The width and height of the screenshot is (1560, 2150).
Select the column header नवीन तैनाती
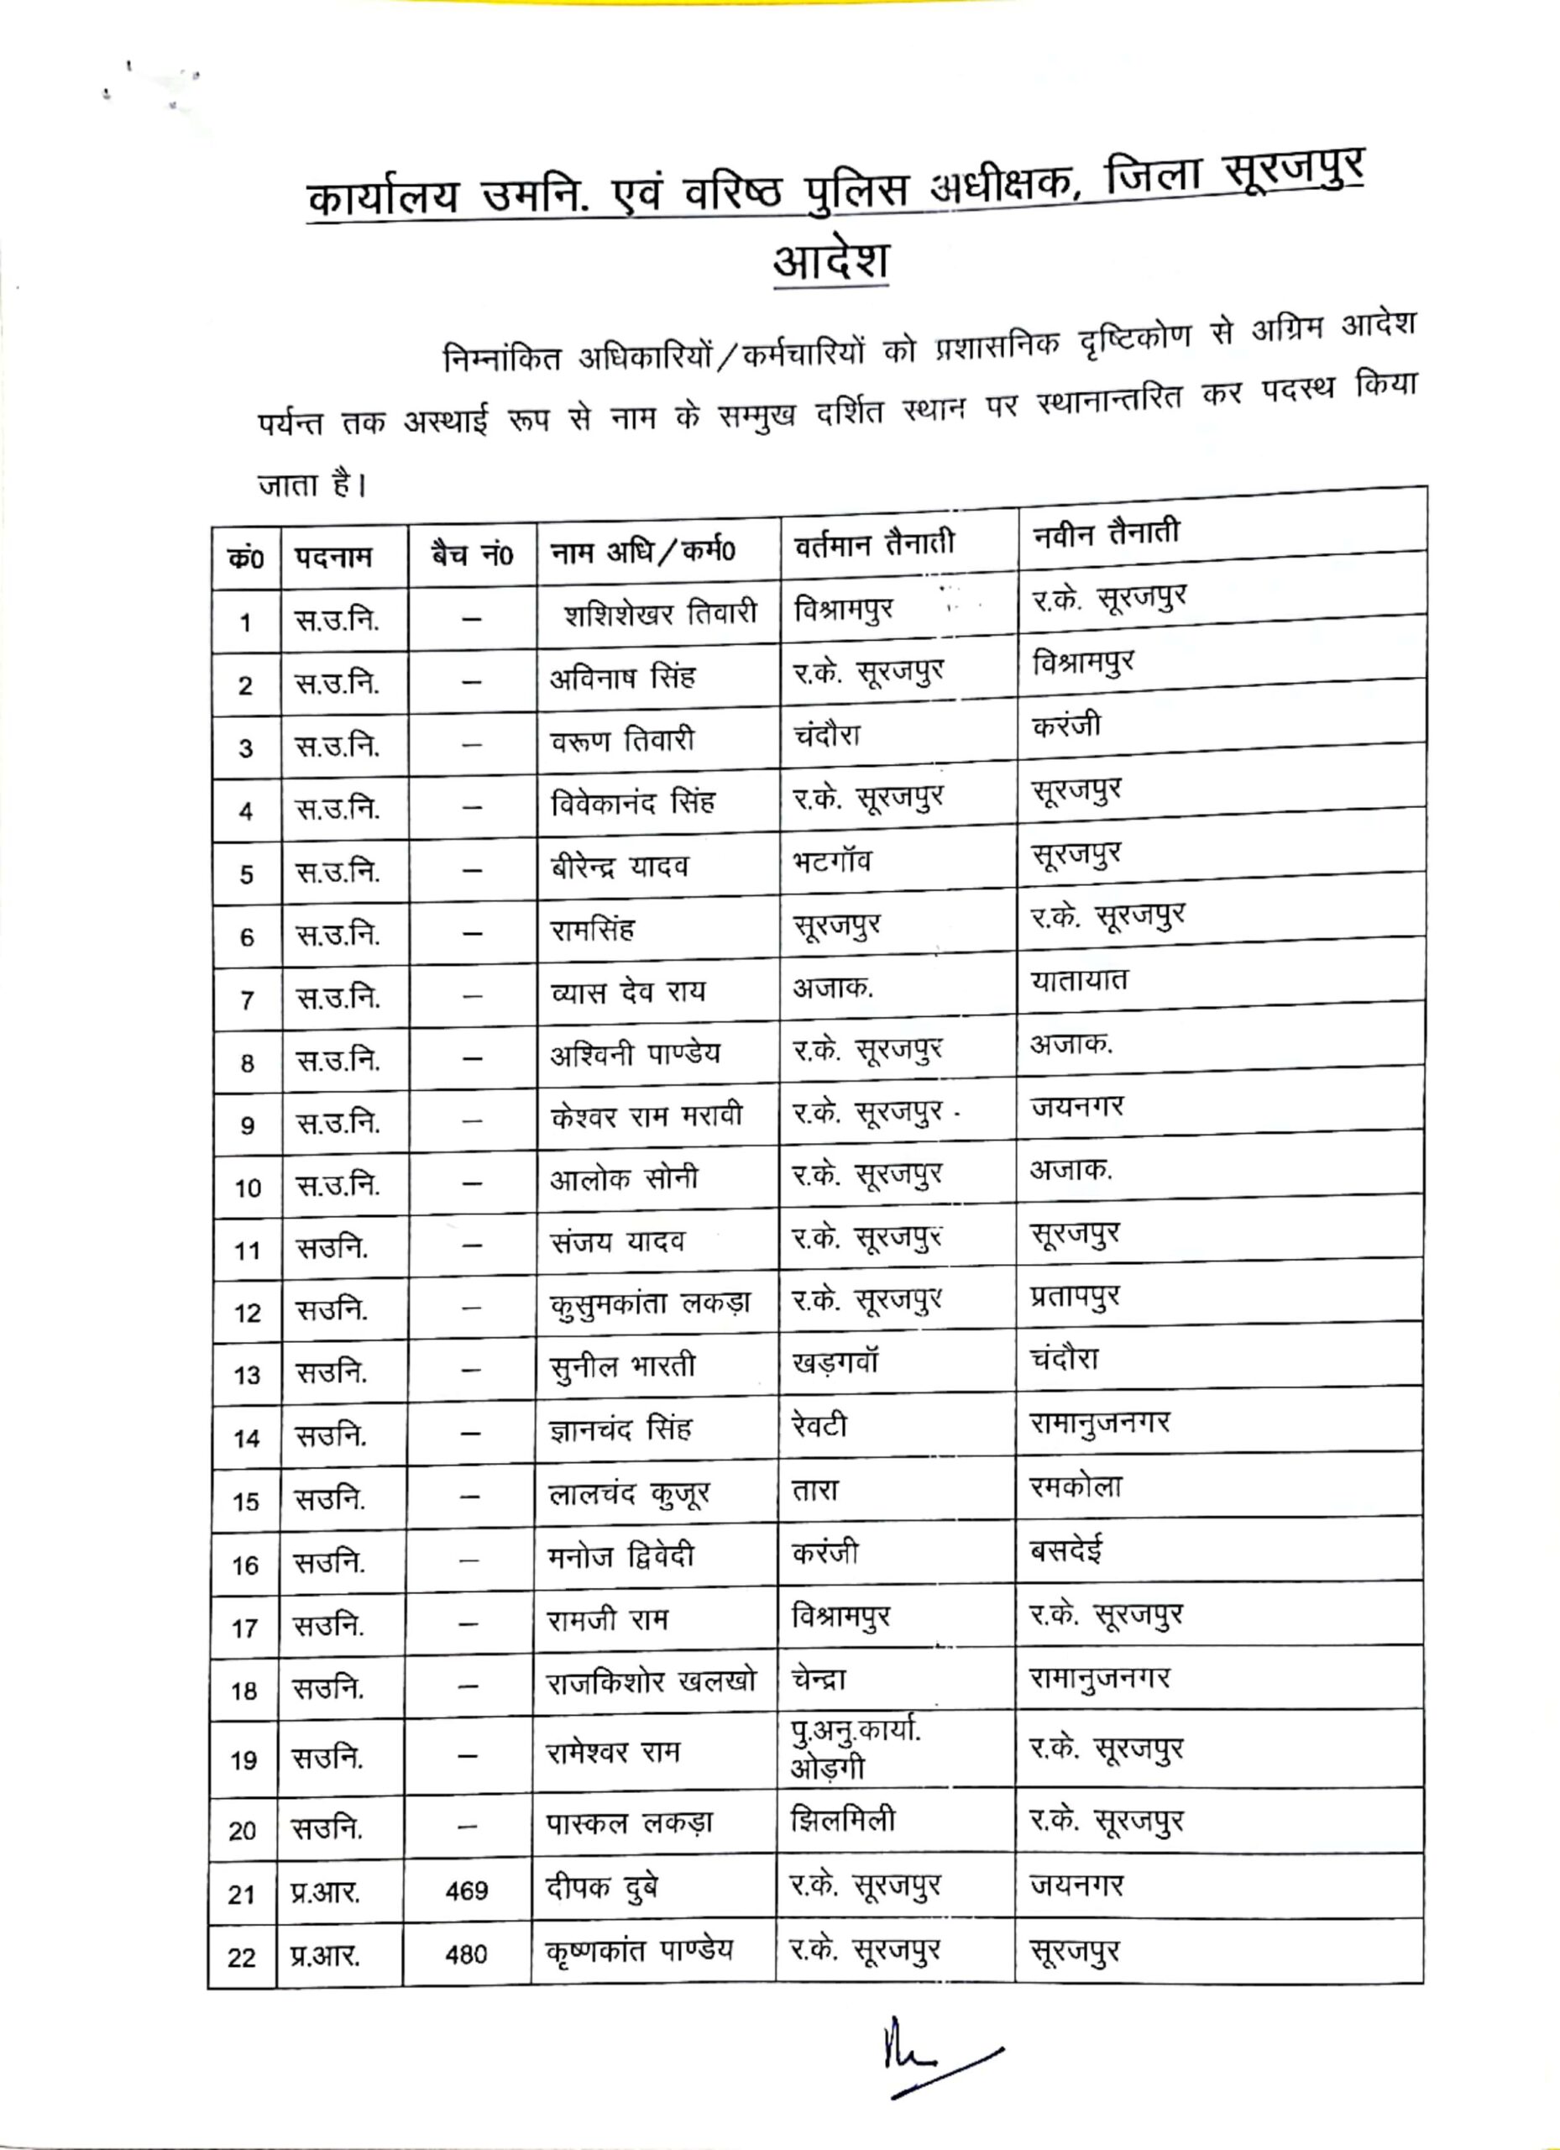coord(1106,532)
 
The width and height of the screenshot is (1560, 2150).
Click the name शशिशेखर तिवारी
coord(660,614)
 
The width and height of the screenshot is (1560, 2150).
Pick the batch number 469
coord(466,1890)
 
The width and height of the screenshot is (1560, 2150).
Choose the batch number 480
coord(466,1953)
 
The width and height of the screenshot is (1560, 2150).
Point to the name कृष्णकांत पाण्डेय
coord(639,1950)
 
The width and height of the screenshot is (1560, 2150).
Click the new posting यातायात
coord(1080,979)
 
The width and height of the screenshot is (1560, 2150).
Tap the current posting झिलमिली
coord(841,1819)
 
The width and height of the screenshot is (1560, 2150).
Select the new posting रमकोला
coord(1076,1487)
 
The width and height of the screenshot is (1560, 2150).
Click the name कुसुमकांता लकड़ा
coord(650,1304)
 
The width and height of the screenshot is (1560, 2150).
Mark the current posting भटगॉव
coord(831,862)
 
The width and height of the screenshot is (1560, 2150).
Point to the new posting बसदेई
coord(1066,1551)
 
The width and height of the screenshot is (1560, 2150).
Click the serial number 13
coord(246,1375)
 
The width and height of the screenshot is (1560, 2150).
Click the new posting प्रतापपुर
coord(1075,1296)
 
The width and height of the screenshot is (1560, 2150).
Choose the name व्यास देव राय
coord(627,992)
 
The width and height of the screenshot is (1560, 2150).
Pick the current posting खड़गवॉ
coord(835,1363)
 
